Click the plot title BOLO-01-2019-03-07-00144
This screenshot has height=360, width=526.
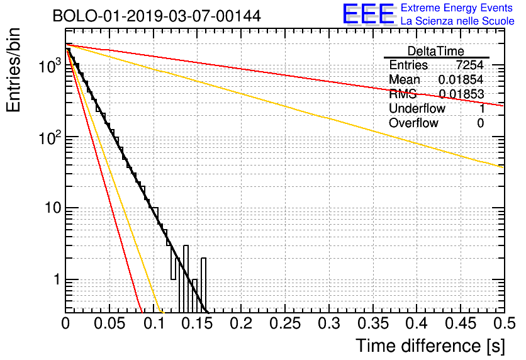[157, 16]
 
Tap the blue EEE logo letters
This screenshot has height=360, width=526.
[369, 14]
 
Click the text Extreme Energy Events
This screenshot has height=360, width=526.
[457, 8]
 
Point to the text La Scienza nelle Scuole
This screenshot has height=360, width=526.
[457, 21]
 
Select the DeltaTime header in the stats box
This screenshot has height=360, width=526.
[436, 51]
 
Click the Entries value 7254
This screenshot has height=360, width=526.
[469, 65]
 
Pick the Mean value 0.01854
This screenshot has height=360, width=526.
[461, 79]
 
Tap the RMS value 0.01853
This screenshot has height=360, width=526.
[461, 94]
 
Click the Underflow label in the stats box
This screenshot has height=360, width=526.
[417, 108]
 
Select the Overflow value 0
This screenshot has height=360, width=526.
[480, 123]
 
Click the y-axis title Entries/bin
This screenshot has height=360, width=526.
[13, 70]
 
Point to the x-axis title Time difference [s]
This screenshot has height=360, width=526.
[430, 346]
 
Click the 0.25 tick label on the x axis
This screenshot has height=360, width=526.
[285, 323]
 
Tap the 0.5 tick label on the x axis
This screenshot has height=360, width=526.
[505, 323]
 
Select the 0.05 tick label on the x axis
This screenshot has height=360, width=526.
[109, 323]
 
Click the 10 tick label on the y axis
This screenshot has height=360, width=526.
[53, 208]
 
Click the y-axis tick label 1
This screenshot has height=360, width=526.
[58, 279]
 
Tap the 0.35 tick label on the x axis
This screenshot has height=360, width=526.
[373, 323]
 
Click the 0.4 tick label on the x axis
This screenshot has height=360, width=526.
[417, 323]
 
